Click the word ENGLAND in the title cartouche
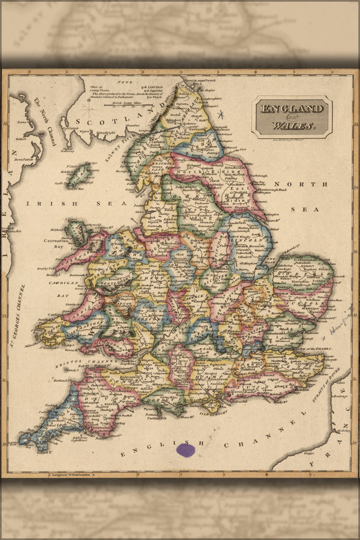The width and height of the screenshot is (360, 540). [x=293, y=109]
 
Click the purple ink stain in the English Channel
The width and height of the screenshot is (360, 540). [x=186, y=450]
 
